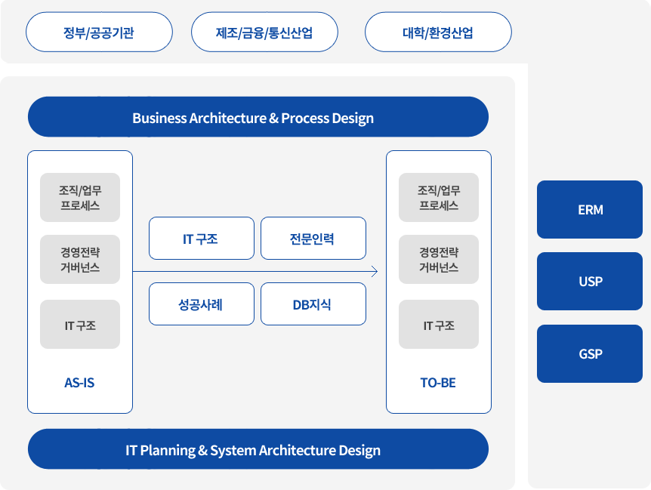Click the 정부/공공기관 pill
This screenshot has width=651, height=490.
pos(99,32)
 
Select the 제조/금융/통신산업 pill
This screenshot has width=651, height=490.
pos(264,32)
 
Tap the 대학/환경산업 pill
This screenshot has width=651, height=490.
pos(438,32)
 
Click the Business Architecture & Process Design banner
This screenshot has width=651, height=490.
pos(258,117)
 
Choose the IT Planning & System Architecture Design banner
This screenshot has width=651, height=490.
pos(258,449)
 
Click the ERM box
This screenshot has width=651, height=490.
pos(590,210)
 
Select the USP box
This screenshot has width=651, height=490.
pos(590,282)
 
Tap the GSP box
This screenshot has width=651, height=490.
pos(590,353)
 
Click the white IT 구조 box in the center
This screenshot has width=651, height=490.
pos(202,238)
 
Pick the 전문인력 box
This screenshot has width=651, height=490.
pos(313,238)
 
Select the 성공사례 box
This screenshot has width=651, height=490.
pos(202,304)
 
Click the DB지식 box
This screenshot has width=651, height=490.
pos(313,304)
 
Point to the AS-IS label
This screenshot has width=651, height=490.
pos(79,383)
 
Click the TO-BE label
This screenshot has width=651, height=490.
pos(438,383)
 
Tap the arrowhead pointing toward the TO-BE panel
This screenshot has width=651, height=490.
pos(375,272)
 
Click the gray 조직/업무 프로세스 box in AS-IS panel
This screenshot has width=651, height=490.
pos(80,198)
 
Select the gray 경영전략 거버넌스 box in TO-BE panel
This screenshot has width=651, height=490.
pos(439,259)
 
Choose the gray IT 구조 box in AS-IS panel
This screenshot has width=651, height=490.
pos(80,325)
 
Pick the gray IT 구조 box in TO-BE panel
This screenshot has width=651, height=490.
pos(439,325)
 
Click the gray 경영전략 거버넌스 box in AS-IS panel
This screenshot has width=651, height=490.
pos(80,259)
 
